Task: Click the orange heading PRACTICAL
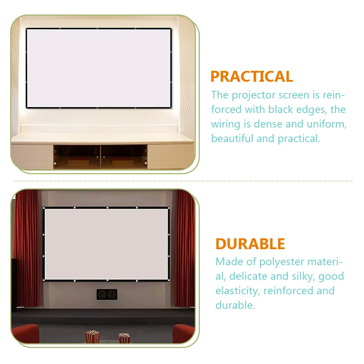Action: coord(251,77)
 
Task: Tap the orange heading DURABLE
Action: coord(250,244)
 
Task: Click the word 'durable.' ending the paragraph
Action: coord(235,305)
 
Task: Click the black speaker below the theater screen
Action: coord(107,294)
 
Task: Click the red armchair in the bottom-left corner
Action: coord(25,335)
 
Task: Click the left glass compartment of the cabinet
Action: coord(77,156)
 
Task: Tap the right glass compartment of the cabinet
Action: coord(124,156)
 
